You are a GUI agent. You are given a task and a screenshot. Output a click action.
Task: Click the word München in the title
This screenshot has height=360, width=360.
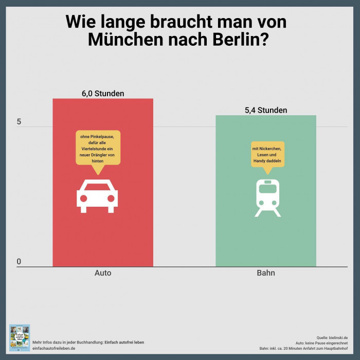click(x=121, y=40)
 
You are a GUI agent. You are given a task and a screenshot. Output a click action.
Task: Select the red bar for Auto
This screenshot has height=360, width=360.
click(x=103, y=231)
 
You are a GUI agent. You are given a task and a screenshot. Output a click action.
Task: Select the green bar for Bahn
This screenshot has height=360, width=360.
click(x=265, y=237)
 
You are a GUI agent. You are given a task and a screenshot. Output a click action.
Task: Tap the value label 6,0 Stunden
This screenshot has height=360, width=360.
click(x=103, y=94)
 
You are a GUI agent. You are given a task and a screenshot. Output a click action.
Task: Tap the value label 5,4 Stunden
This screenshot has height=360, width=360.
click(x=265, y=110)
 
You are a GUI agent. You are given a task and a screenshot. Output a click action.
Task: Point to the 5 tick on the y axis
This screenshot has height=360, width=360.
click(x=19, y=122)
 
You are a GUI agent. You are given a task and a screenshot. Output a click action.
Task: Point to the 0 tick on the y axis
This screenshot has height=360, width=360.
click(x=19, y=262)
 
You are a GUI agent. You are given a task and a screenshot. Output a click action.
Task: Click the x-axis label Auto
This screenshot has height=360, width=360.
click(x=103, y=273)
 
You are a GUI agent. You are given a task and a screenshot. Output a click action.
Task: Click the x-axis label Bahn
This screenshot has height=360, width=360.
click(x=265, y=273)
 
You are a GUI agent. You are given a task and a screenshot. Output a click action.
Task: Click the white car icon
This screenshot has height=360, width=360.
click(x=96, y=196)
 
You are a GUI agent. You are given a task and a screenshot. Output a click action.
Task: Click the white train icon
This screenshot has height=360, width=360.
click(x=267, y=197)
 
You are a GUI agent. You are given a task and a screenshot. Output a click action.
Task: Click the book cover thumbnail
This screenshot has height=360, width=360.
click(x=20, y=337)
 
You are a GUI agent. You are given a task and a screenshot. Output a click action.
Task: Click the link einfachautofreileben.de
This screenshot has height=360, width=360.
click(x=54, y=348)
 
